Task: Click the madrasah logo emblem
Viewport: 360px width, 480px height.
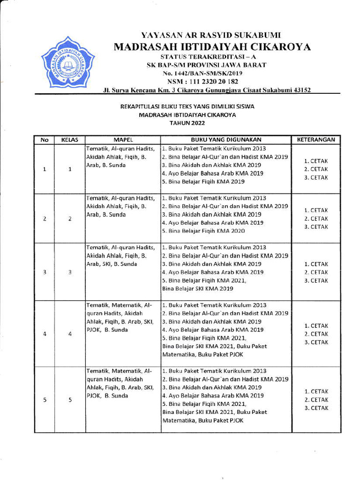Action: coord(67,63)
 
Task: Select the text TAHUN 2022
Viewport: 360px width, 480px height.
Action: coord(187,123)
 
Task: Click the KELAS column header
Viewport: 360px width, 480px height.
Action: coord(69,140)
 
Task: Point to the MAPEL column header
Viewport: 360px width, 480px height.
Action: coord(123,140)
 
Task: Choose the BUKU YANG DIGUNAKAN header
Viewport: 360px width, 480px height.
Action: coord(225,140)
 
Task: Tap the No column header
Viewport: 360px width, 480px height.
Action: coord(45,140)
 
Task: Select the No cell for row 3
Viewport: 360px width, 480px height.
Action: coord(45,272)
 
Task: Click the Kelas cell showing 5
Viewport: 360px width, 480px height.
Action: coord(69,400)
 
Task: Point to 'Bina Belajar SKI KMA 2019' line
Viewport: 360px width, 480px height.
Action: coord(197,289)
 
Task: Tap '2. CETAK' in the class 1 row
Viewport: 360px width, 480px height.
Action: coord(315,169)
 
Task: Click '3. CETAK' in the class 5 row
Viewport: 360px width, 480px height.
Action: coord(315,408)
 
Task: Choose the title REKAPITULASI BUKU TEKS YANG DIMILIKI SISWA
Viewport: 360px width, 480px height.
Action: coord(187,106)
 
